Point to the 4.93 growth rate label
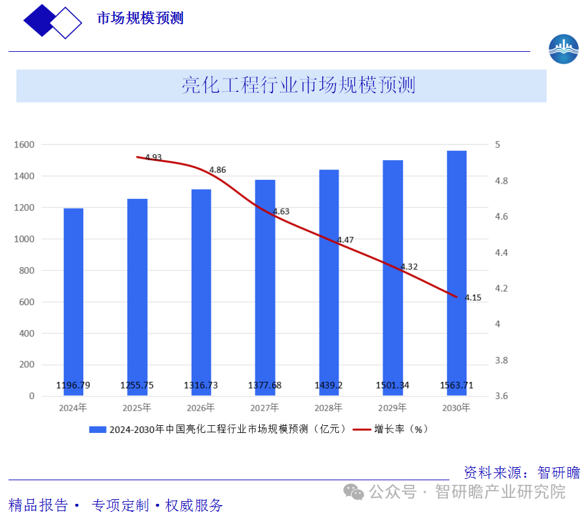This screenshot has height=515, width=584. (x=154, y=157)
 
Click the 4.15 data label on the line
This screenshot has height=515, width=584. (x=473, y=298)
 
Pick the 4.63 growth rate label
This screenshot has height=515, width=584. (x=281, y=212)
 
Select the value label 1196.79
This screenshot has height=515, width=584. (x=73, y=385)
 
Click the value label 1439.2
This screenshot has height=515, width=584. (x=329, y=385)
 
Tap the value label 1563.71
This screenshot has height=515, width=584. (x=457, y=385)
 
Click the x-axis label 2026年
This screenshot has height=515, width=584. (x=201, y=407)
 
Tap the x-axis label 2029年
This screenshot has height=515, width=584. (x=392, y=407)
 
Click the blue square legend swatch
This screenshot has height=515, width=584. (x=98, y=430)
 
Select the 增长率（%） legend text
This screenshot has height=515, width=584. (x=401, y=430)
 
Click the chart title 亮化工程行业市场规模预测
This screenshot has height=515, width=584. (x=299, y=86)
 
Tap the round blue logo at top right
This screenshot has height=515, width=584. (x=564, y=49)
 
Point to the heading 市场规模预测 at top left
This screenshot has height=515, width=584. (x=140, y=18)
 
